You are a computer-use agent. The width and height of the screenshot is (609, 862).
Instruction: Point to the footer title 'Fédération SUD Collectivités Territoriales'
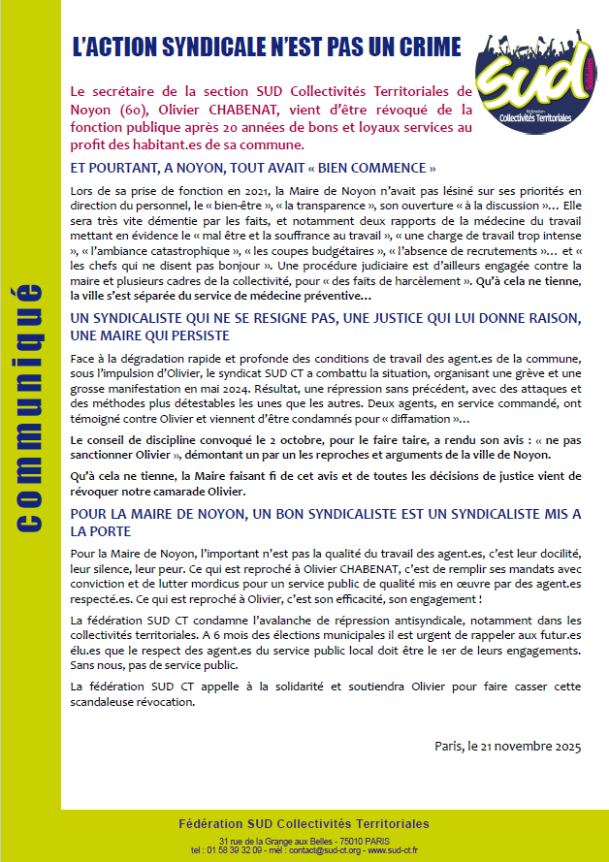pyautogui.click(x=304, y=824)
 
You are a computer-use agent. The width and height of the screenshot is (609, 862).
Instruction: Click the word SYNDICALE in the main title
pyautogui.click(x=235, y=47)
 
